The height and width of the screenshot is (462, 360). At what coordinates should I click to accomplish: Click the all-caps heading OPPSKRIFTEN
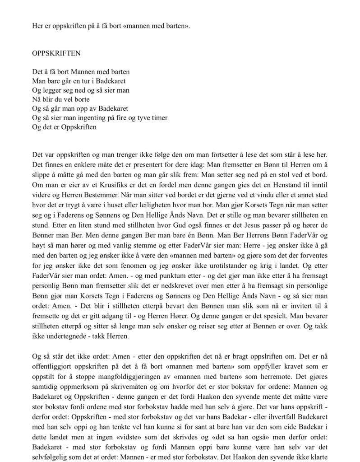(x=56, y=53)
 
